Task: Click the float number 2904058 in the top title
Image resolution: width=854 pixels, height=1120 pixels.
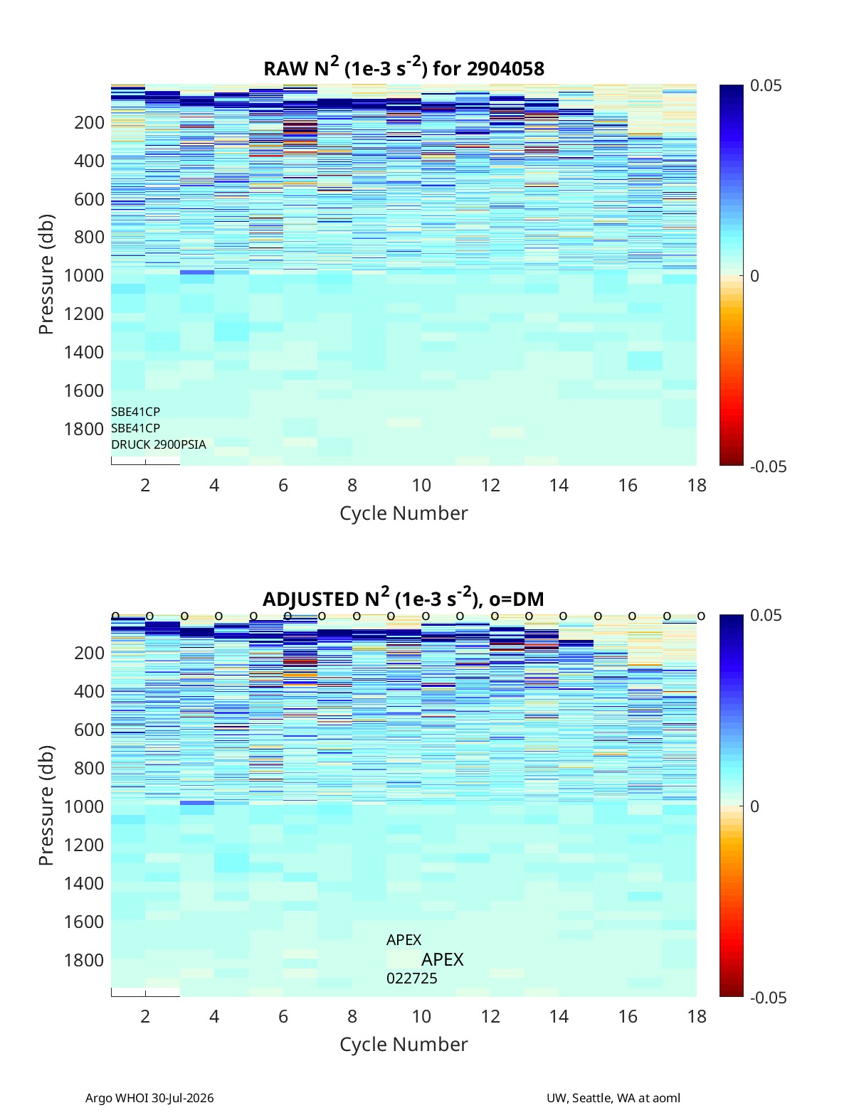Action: tap(505, 69)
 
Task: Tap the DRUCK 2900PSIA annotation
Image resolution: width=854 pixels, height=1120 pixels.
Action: tap(159, 444)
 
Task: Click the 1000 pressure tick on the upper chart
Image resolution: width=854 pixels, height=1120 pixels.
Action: tap(84, 275)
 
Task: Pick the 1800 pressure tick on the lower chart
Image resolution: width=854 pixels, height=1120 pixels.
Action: tap(84, 960)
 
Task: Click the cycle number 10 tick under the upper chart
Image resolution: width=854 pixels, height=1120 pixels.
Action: tap(421, 485)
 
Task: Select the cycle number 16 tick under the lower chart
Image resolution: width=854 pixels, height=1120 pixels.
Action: tap(628, 1016)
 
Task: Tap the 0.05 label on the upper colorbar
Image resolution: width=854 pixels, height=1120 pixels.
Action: tap(766, 86)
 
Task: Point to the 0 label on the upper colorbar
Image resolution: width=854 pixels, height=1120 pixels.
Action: tap(754, 276)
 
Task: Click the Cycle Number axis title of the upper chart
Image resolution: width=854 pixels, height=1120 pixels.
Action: tap(404, 513)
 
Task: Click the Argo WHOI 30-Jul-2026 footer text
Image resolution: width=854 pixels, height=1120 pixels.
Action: tap(149, 1097)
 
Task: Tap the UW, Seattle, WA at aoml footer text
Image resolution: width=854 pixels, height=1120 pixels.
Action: tap(613, 1097)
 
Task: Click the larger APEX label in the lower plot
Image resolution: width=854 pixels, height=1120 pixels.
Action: tap(443, 959)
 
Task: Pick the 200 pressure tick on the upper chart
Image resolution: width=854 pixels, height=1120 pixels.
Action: tap(90, 122)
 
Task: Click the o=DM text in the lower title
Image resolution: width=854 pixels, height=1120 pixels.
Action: tap(517, 599)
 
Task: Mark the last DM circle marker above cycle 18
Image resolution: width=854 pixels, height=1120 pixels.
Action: tap(701, 616)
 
